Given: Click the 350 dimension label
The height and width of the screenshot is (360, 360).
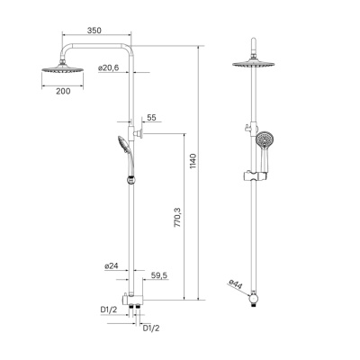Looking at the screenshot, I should pos(94,30).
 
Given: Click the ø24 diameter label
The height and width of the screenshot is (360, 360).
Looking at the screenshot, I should pos(111,265).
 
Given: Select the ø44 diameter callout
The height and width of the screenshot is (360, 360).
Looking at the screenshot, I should pos(236,286).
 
